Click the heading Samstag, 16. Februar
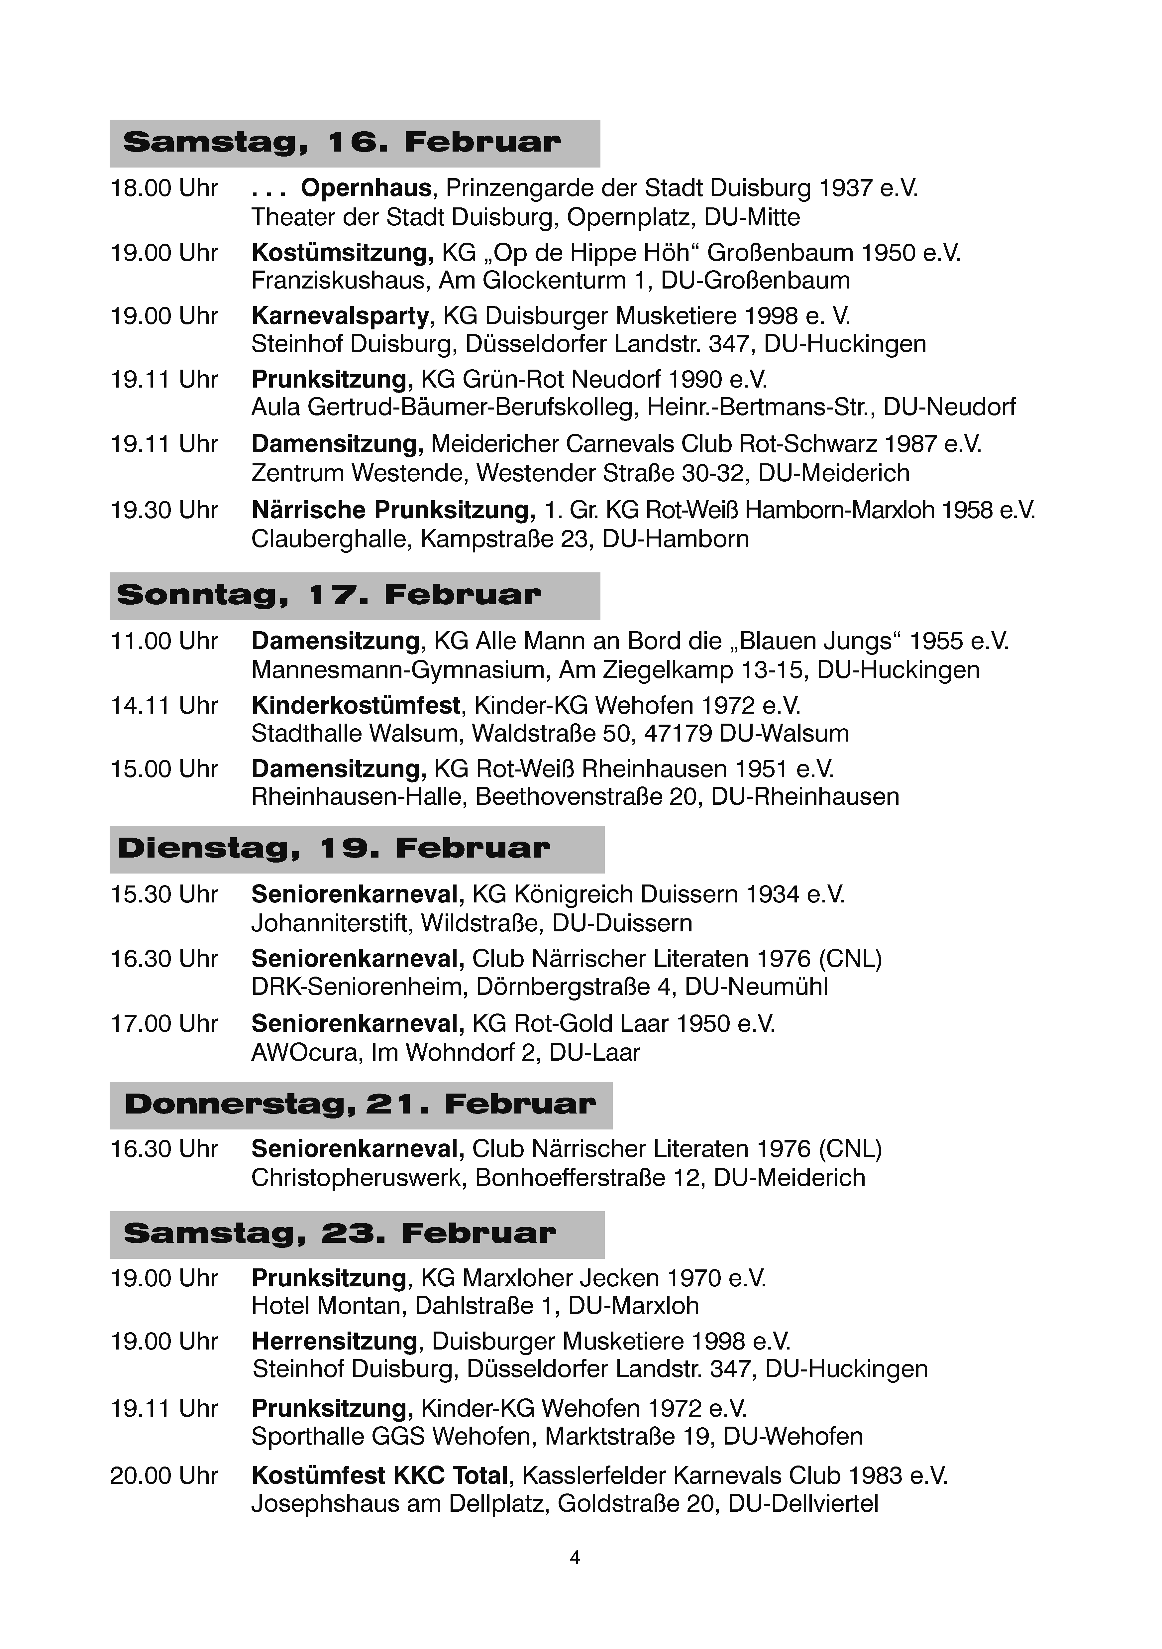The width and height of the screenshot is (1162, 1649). click(342, 143)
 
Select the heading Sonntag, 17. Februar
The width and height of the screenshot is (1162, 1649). click(329, 595)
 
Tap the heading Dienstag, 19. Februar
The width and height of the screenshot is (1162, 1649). click(334, 849)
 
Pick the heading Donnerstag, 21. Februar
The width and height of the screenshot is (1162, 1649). click(360, 1105)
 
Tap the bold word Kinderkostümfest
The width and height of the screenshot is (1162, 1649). click(356, 706)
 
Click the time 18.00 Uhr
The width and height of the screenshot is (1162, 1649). click(164, 188)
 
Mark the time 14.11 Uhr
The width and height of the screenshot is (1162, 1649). click(164, 706)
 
